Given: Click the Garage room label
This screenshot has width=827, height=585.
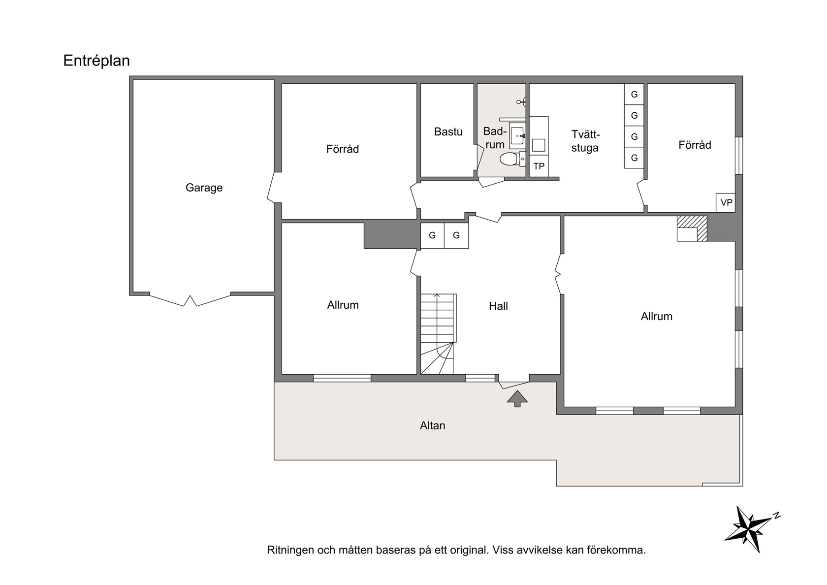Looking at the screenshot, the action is (x=204, y=188).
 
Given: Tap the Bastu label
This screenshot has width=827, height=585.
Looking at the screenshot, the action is (x=448, y=131).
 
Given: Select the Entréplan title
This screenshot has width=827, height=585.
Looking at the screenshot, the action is (x=96, y=61).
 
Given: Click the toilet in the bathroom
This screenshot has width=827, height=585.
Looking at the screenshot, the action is (x=512, y=159).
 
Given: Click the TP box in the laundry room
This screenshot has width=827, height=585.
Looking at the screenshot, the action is (x=539, y=166).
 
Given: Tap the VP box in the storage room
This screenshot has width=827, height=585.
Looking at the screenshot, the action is (x=726, y=202).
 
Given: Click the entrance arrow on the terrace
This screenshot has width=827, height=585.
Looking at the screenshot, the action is (x=517, y=398).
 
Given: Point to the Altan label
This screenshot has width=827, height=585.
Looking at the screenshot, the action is (x=432, y=425).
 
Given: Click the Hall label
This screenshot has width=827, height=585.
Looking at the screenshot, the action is (x=498, y=306).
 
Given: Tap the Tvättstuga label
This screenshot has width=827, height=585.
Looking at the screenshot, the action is (x=585, y=141).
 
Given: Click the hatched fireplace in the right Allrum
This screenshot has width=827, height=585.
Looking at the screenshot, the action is (x=692, y=228).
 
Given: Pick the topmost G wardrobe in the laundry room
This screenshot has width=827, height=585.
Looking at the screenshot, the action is (x=634, y=94).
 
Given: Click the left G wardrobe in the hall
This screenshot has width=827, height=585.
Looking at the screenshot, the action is (x=432, y=235).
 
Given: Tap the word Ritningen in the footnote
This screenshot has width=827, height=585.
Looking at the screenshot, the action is (x=290, y=551).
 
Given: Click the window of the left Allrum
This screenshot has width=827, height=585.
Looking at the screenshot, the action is (x=342, y=378).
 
